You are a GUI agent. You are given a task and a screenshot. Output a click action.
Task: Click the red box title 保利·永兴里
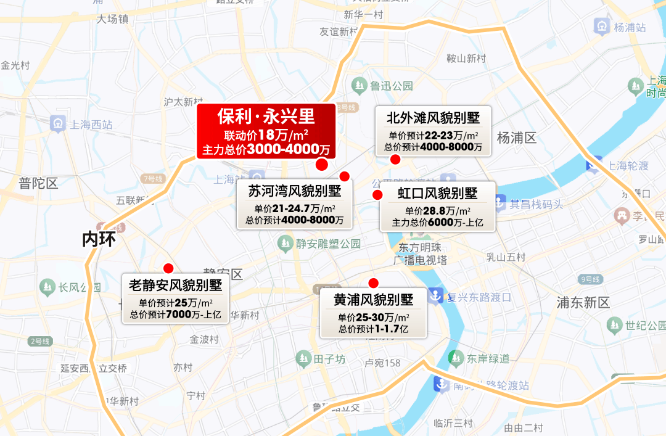pos(266,117)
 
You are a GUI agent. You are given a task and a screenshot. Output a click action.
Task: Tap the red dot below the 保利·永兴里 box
pos(321,164)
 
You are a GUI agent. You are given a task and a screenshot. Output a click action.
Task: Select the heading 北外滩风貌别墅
pos(433,117)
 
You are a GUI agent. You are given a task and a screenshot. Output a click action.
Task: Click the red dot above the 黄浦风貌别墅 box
pos(373,283)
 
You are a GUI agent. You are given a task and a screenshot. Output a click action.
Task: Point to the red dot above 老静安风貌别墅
pos(168,268)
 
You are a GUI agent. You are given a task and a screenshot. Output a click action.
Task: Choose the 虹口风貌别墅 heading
pos(437,194)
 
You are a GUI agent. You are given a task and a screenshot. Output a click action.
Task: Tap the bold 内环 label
pos(99,239)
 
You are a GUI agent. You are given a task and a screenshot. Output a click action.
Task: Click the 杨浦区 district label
pos(517,138)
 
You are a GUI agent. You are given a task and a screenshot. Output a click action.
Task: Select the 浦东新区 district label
pos(583,302)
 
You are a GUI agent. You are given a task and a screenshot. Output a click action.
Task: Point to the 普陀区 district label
pos(38,183)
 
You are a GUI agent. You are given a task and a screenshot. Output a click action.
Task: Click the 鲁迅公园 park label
pos(391,85)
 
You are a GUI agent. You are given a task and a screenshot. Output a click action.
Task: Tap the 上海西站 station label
pos(91,125)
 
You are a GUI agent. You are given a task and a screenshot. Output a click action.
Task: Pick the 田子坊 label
pos(329,358)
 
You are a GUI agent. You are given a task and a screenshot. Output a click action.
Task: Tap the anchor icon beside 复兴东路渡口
pos(436,297)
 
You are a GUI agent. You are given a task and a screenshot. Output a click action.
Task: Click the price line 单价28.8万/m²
pos(437,211)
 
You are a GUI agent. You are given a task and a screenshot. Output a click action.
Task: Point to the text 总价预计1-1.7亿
pos(373,329)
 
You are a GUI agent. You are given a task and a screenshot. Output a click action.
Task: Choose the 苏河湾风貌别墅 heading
pos(294,191)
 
